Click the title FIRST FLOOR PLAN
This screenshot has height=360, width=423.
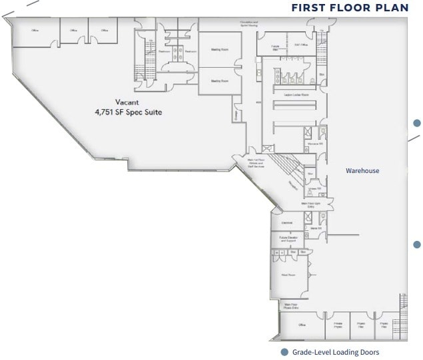[x=349, y=8]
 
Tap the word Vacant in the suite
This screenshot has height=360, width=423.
[x=127, y=102]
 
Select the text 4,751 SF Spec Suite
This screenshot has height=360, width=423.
[x=129, y=112]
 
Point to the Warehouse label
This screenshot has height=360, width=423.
[x=362, y=171]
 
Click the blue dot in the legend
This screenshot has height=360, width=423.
[x=284, y=352]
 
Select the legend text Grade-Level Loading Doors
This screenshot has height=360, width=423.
[x=339, y=352]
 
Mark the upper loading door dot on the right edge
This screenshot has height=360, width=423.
[x=418, y=122]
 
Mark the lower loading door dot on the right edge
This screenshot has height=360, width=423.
[x=418, y=244]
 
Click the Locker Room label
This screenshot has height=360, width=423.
[x=296, y=95]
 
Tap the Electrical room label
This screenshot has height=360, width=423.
[x=287, y=223]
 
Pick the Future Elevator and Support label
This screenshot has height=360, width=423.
[x=287, y=239]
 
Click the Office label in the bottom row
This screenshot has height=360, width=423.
[x=302, y=325]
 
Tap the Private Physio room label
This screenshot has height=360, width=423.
[x=338, y=325]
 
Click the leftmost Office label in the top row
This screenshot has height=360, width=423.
[x=35, y=31]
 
